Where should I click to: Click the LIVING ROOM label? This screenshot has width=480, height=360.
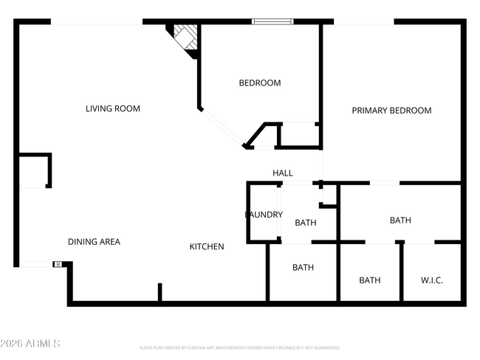112,108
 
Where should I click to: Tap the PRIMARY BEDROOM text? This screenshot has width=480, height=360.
391,110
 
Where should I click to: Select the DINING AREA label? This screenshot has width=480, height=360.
94,241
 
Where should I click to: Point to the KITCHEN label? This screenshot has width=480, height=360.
207,246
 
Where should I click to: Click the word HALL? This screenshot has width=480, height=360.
283,173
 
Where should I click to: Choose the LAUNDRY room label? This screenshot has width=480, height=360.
264,215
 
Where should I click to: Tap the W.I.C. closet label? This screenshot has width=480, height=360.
432,280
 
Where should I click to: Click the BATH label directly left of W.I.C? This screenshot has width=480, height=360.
369,280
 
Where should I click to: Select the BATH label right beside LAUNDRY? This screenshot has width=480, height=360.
306,222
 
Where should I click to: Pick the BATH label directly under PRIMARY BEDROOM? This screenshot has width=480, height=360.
400,220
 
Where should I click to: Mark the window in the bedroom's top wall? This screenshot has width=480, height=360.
272,21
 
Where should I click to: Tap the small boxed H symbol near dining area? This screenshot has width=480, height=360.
58,264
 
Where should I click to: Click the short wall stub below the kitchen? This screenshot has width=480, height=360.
160,291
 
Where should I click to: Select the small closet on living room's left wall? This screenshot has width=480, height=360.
33,170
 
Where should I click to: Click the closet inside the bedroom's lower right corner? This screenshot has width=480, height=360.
298,134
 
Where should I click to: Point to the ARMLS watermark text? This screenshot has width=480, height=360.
30,344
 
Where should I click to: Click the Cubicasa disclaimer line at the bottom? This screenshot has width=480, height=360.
239,347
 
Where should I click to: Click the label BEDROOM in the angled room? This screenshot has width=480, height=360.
259,83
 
